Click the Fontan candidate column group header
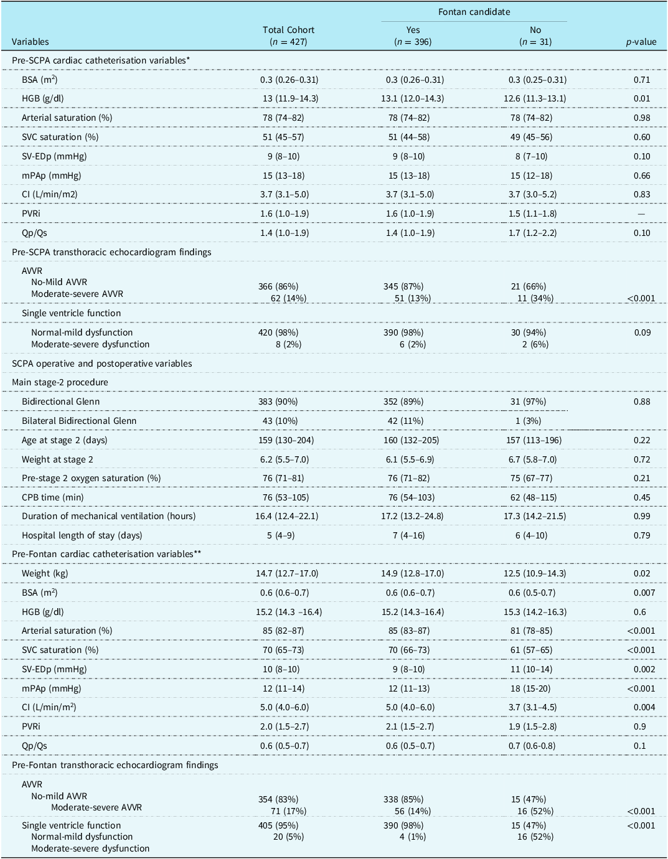tap(474, 12)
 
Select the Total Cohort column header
tap(288, 30)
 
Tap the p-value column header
tap(641, 42)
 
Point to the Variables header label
tap(31, 42)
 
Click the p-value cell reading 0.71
tap(641, 80)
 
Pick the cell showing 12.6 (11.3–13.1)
tap(535, 98)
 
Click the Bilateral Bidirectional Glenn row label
tap(79, 421)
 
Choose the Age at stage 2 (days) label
tap(64, 440)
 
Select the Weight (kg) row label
tap(45, 573)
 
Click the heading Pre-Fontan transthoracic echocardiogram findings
tap(115, 765)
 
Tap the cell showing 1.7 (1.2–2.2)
tap(532, 233)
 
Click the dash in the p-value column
tap(641, 214)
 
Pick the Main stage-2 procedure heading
tap(60, 382)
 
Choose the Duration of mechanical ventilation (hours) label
tap(109, 516)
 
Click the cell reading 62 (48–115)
tap(533, 497)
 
